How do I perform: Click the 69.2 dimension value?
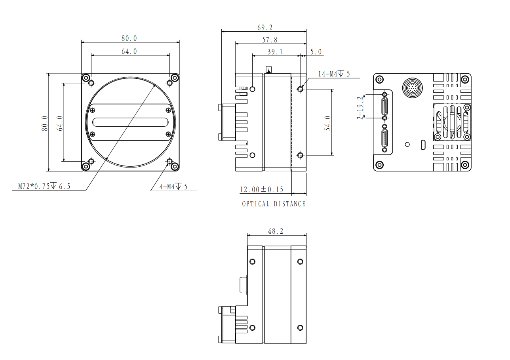[x=265, y=28]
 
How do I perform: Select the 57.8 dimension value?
[x=270, y=40]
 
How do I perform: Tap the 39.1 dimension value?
[x=275, y=52]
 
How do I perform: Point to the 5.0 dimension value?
[x=316, y=52]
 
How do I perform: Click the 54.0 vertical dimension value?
[x=327, y=123]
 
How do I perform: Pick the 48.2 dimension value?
[x=276, y=231]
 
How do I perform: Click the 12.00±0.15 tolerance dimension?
[x=262, y=189]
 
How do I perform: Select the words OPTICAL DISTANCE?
[x=274, y=204]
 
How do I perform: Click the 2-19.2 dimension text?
[x=360, y=108]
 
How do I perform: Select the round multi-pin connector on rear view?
[x=412, y=88]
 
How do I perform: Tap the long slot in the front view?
[x=130, y=122]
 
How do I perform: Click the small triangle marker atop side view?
[x=269, y=71]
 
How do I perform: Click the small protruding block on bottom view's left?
[x=244, y=284]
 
